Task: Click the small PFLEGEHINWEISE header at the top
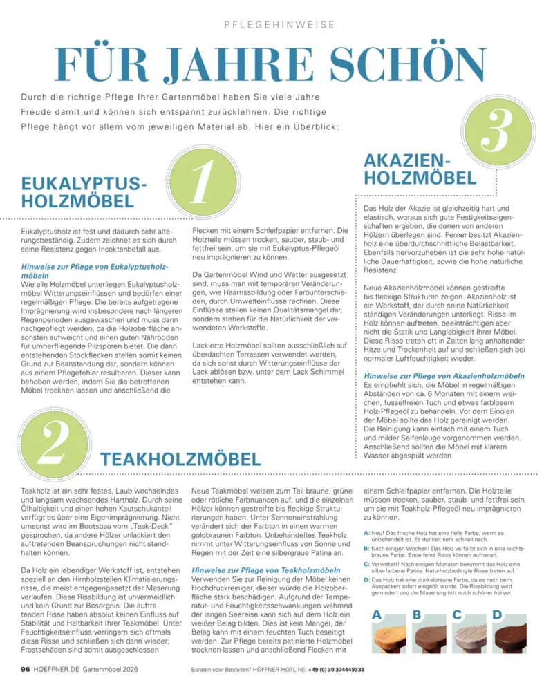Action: pyautogui.click(x=280, y=25)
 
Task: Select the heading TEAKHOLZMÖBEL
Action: pyautogui.click(x=181, y=459)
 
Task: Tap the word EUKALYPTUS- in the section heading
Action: pyautogui.click(x=85, y=184)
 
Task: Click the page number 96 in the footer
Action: pyautogui.click(x=25, y=669)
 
